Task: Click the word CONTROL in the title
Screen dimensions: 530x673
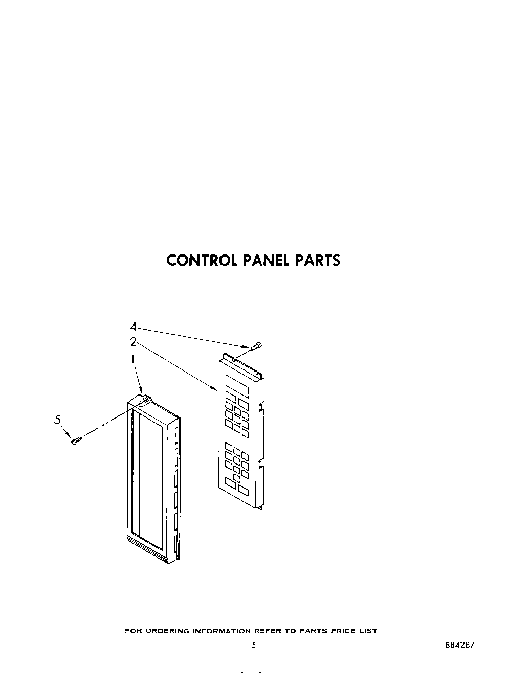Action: click(x=202, y=260)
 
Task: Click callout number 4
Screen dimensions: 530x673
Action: click(x=133, y=326)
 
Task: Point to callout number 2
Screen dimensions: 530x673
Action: click(x=133, y=342)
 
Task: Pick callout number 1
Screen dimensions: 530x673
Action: click(x=133, y=359)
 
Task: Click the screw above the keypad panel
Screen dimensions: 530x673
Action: click(x=256, y=346)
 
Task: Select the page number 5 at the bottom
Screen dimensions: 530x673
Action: click(x=254, y=645)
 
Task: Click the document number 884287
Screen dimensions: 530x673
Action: click(x=460, y=645)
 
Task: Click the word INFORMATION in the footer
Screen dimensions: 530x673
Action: click(x=222, y=631)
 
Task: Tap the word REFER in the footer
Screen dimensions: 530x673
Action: click(x=268, y=631)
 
